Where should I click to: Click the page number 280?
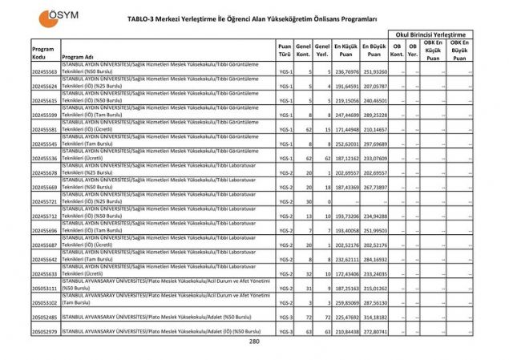254,342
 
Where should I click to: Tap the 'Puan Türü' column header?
285,52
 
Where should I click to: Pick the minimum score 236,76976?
346,72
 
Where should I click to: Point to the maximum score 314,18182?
374,318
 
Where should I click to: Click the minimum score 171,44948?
346,130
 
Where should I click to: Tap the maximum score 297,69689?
374,144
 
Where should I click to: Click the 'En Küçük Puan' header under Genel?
346,52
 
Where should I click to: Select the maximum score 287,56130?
374,303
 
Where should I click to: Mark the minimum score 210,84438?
346,332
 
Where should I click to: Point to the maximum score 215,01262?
374,289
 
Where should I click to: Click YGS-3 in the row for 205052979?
286,332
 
